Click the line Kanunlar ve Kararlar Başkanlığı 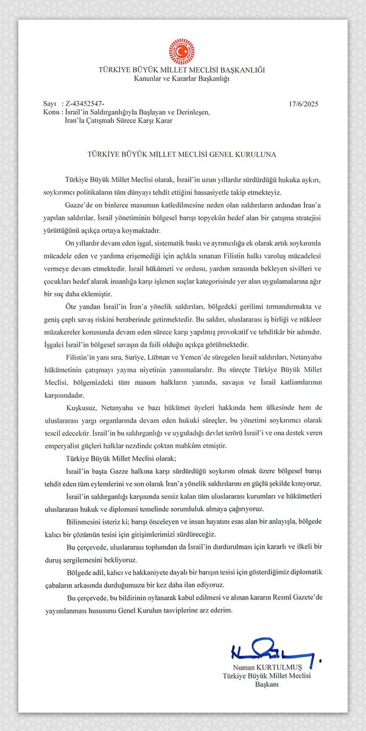click(182, 79)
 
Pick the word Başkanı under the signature click(266, 685)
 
